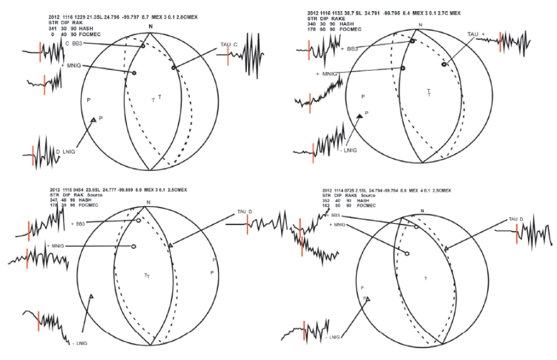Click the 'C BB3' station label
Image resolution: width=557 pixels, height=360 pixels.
click(x=74, y=43)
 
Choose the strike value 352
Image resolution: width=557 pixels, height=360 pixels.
click(x=326, y=201)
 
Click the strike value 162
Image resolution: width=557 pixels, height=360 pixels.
click(x=326, y=206)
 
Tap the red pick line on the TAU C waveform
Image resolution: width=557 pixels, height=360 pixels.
click(x=228, y=58)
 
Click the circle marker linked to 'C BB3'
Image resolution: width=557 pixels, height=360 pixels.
click(x=143, y=47)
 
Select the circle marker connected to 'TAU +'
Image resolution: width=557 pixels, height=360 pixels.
click(x=444, y=65)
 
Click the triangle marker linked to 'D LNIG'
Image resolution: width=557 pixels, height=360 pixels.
click(x=93, y=120)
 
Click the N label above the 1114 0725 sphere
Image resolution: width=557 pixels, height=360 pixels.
click(x=422, y=210)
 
